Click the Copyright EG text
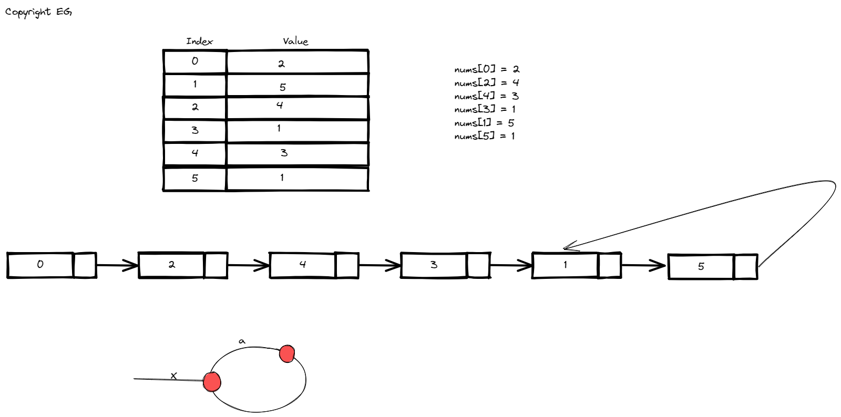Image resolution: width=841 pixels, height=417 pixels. tap(38, 12)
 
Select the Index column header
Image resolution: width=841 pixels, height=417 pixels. tap(199, 41)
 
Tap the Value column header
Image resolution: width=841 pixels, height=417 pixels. tap(295, 41)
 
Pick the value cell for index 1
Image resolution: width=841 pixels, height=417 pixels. tap(297, 86)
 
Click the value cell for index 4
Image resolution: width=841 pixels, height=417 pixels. tap(297, 153)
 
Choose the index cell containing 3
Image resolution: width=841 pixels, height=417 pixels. tap(195, 130)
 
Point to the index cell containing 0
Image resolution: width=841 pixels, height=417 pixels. tap(195, 61)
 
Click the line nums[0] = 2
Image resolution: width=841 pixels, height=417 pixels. tap(487, 69)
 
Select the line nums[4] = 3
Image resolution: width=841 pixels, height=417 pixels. tap(487, 96)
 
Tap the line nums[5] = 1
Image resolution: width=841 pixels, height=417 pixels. tap(485, 137)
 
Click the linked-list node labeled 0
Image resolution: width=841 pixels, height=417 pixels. tap(40, 265)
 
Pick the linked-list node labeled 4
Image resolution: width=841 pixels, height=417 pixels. tap(303, 265)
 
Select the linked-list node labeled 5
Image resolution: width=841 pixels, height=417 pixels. tap(701, 267)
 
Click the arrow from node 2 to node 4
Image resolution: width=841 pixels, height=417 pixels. tap(248, 265)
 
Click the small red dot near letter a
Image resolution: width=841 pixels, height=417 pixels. tap(287, 353)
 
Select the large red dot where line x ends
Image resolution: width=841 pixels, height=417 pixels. tap(212, 382)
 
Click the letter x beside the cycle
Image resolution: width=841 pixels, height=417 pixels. tap(173, 376)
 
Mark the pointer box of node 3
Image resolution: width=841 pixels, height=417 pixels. tap(478, 265)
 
